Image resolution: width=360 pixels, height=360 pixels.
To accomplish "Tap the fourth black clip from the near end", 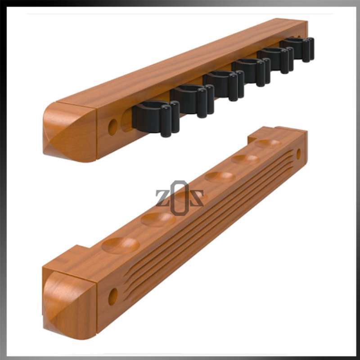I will coord(251,72).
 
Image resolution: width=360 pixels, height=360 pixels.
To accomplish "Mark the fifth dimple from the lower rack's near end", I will coord(245,159).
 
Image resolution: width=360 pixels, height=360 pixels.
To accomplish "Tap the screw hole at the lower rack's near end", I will coord(112,296).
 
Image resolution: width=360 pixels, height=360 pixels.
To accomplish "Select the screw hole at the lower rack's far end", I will coord(298,154).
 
